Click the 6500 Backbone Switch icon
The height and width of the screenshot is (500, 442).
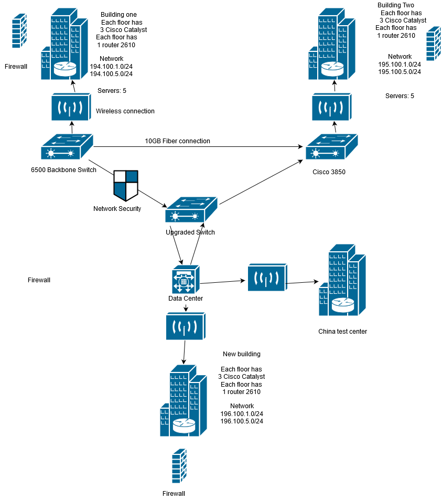coord(67,147)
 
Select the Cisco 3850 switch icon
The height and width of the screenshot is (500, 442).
coord(331,147)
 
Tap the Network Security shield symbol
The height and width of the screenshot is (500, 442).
coord(126,185)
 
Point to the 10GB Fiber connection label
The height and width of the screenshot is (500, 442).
coord(177,141)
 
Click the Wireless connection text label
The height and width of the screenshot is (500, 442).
coord(125,111)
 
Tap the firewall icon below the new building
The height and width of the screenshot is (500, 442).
coord(179,466)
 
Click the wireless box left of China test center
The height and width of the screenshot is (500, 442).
coord(267,277)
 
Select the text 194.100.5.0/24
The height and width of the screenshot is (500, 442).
coord(111,74)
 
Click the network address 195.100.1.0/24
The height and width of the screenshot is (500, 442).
coord(400,64)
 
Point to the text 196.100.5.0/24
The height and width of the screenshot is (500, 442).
coord(242,421)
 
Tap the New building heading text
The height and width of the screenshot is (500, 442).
coord(241,354)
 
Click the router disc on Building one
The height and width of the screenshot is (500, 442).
coord(66,68)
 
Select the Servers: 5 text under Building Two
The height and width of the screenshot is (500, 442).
coord(400,96)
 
